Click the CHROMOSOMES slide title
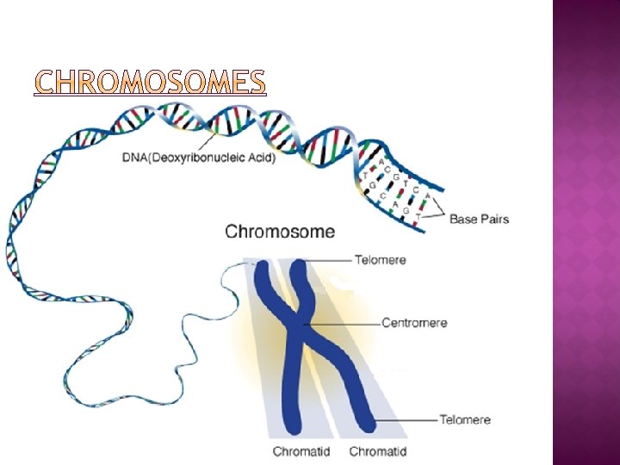[x=149, y=81]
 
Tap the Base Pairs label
[x=479, y=219]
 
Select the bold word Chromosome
[x=280, y=231]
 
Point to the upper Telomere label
[x=380, y=259]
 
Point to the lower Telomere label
[x=465, y=420]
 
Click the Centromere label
[x=414, y=323]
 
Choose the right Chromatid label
[x=378, y=451]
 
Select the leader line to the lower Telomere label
[x=405, y=420]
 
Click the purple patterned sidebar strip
[x=586, y=232]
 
